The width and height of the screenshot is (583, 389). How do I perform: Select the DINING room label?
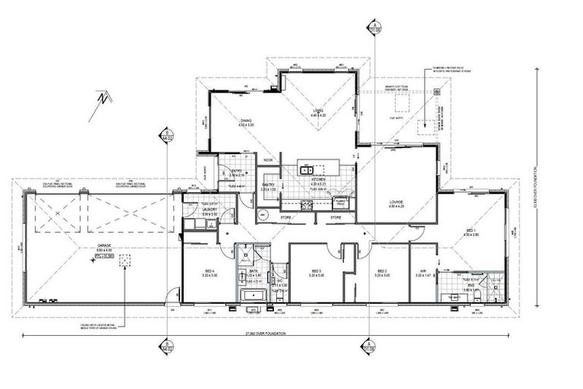(246, 121)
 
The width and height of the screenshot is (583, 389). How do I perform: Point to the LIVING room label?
(320, 112)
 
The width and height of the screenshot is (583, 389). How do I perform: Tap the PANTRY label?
(267, 184)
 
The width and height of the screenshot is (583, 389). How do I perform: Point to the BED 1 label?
(471, 229)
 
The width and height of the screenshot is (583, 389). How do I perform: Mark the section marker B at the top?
(165, 137)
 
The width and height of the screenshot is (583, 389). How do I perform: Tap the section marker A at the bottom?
(368, 346)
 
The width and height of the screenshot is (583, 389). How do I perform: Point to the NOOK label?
(268, 160)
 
